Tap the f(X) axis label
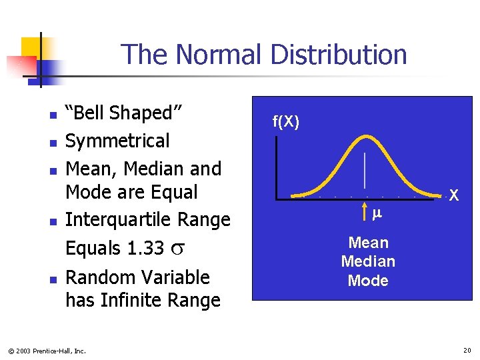(286, 121)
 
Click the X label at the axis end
(453, 196)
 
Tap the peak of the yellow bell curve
(365, 137)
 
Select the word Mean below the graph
(368, 243)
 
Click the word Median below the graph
(368, 261)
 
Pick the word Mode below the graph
(368, 281)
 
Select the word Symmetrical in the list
(117, 141)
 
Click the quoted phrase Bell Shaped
(123, 113)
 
